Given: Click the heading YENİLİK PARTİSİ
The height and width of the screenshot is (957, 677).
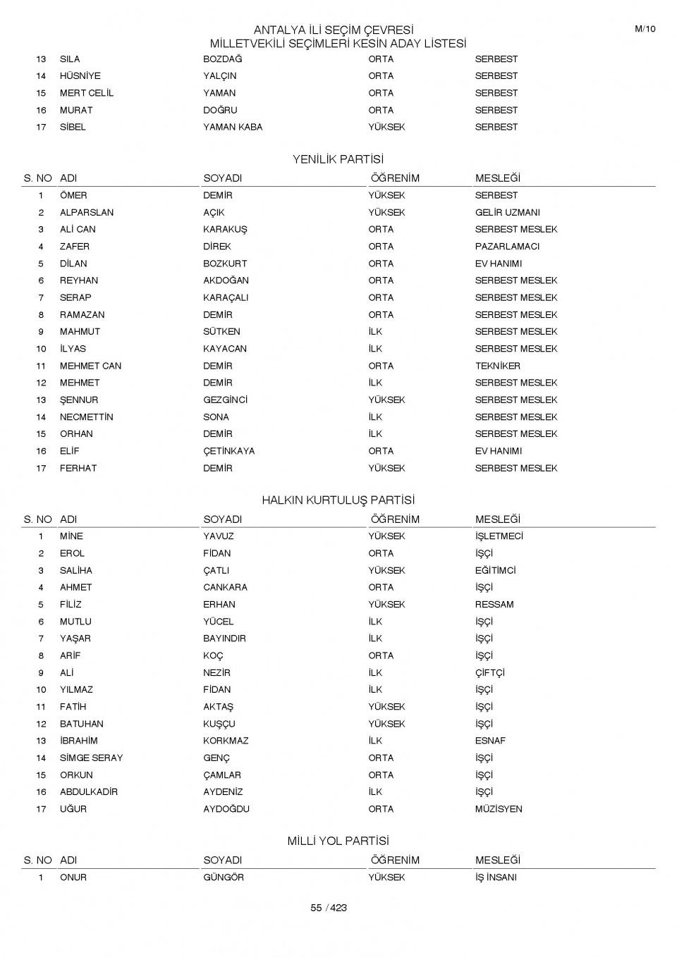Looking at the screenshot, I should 338,159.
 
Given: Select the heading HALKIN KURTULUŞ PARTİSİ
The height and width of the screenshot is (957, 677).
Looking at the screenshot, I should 338,500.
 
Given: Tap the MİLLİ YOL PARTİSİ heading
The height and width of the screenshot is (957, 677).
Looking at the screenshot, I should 338,841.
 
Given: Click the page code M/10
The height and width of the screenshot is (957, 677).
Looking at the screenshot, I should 645,29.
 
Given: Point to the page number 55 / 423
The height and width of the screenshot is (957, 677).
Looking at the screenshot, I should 329,908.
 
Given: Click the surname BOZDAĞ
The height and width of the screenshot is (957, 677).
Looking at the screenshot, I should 222,59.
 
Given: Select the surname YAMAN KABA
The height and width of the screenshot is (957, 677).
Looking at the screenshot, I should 233,127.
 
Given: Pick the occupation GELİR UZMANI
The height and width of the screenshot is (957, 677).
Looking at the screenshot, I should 507,212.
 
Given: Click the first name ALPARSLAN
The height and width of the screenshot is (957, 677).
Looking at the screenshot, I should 87,212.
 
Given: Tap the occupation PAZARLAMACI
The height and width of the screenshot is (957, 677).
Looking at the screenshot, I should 507,247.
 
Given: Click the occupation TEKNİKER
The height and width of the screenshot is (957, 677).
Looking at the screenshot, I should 497,366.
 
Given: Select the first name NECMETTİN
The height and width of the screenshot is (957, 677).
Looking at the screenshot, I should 87,417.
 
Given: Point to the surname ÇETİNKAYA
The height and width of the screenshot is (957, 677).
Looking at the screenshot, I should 229,451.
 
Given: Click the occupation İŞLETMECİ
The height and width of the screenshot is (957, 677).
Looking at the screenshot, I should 499,536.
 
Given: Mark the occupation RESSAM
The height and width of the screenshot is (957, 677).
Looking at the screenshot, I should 494,605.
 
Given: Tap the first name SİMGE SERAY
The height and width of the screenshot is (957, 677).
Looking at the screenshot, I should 91,758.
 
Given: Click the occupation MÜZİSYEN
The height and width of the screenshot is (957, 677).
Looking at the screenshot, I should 499,809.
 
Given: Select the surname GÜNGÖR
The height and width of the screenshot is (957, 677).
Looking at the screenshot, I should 224,877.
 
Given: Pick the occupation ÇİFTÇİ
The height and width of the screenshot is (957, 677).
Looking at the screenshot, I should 489,673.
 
